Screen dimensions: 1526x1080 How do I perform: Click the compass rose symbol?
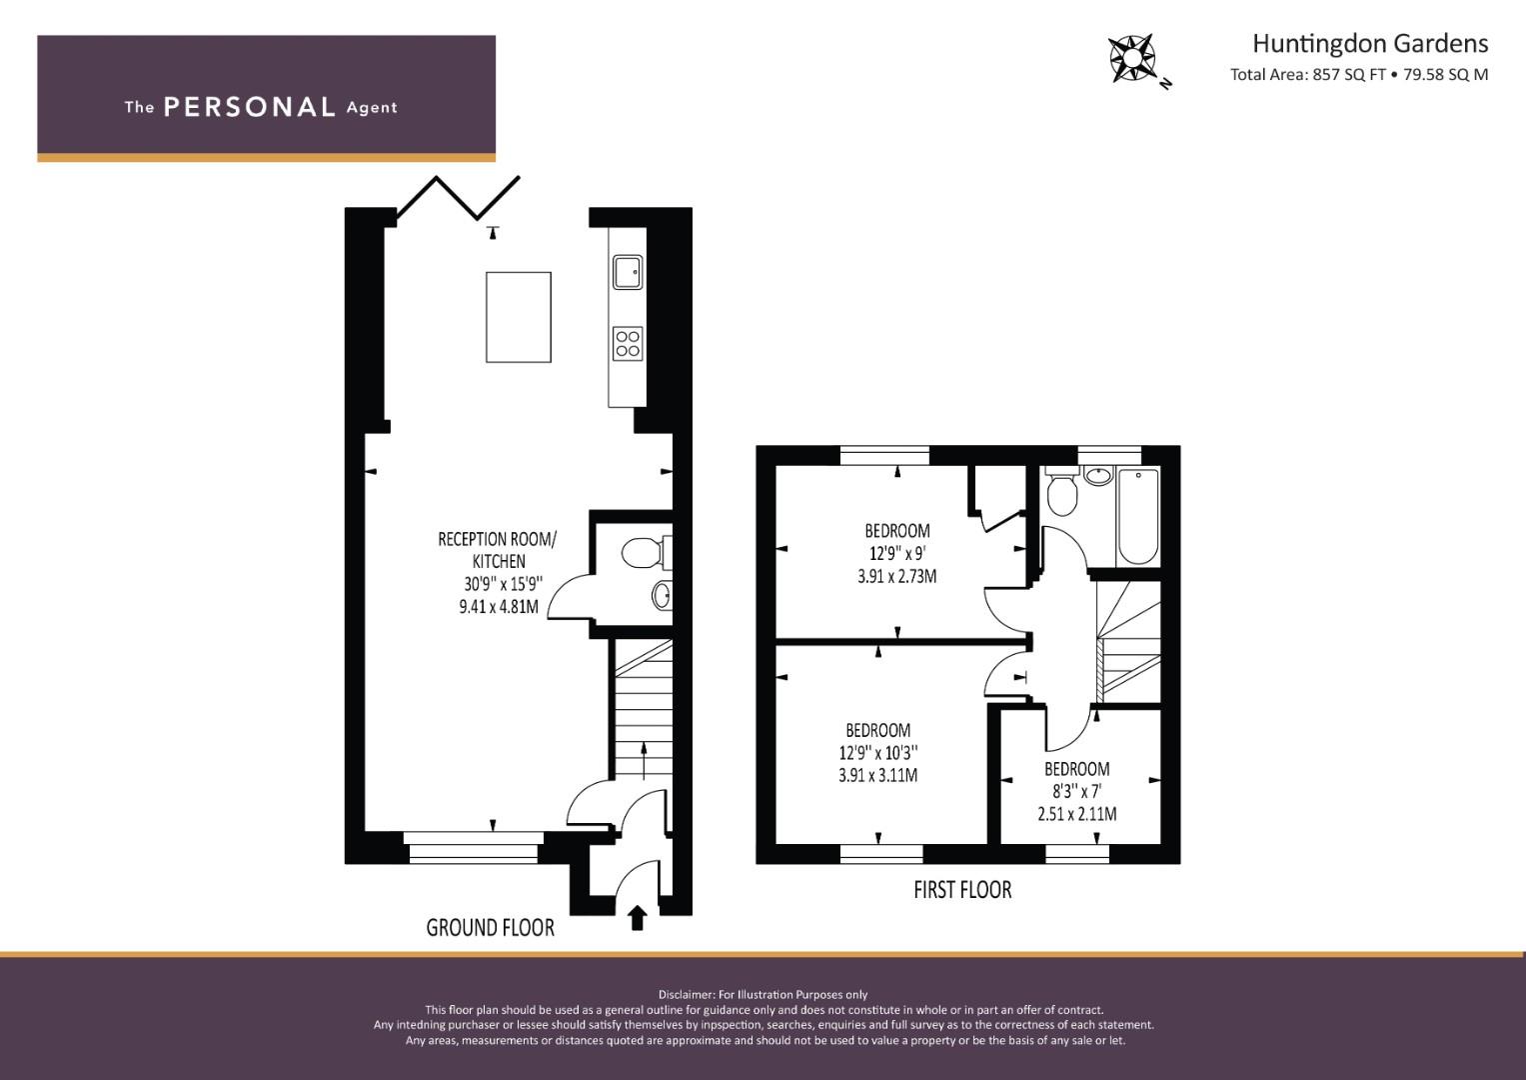pos(1132,58)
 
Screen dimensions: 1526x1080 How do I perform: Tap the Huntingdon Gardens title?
pos(1370,44)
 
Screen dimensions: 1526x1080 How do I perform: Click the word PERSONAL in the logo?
pos(250,107)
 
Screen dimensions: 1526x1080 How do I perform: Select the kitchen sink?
pos(628,271)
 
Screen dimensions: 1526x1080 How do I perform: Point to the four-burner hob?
pos(628,343)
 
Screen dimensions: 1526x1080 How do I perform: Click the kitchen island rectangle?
pos(519,317)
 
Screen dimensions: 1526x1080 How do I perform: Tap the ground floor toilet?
pos(646,552)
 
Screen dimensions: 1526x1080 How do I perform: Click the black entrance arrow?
pos(637,918)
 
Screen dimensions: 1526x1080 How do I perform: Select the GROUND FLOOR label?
pos(490,927)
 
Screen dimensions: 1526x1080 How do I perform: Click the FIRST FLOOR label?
pos(962,890)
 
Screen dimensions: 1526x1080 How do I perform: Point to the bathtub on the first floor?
pos(1137,516)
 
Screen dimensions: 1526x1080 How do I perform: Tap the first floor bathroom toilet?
pos(1060,492)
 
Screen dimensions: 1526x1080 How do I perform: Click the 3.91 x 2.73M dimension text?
pos(897,576)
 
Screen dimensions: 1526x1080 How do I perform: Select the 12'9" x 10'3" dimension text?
pos(878,753)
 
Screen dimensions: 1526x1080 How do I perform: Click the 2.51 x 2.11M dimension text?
pos(1077,813)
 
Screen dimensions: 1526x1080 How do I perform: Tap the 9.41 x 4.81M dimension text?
pos(499,606)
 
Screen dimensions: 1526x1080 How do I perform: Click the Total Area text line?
pos(1359,74)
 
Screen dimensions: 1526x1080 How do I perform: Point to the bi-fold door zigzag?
pos(458,198)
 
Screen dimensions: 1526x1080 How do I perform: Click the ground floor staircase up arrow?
pos(645,761)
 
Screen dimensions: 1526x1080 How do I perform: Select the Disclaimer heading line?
pos(763,995)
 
